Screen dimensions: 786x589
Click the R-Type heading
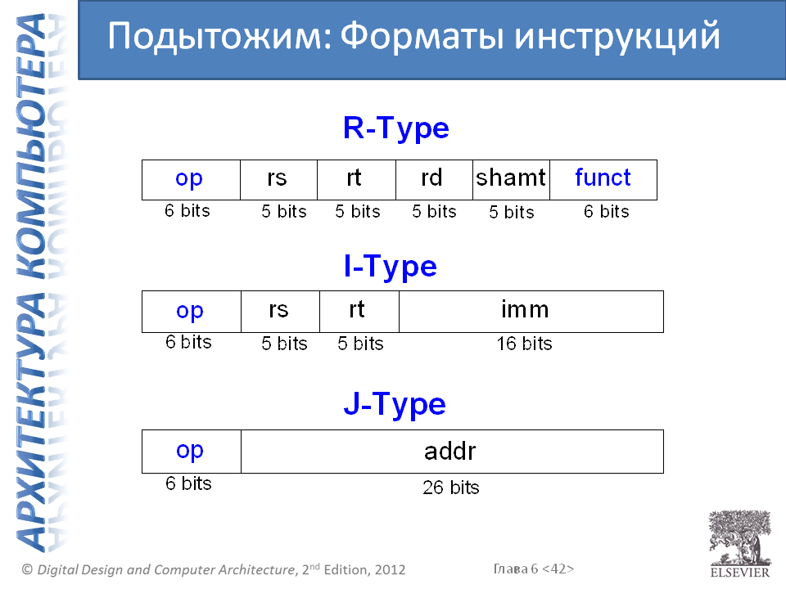(396, 128)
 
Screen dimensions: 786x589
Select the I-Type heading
(391, 266)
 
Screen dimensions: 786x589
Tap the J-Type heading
(395, 404)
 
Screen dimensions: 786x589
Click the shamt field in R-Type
(511, 180)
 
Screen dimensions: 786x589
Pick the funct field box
(603, 180)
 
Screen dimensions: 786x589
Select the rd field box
(434, 180)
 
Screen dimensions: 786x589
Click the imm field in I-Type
(531, 312)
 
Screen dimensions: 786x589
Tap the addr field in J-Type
(452, 452)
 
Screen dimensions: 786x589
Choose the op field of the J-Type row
(192, 452)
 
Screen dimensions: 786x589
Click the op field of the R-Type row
(191, 180)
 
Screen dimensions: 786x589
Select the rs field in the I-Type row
(280, 312)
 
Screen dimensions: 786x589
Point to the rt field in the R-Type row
(356, 180)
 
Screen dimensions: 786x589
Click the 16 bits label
(524, 344)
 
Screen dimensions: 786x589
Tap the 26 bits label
(450, 488)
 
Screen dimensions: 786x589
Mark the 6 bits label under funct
(606, 211)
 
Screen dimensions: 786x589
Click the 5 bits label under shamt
(511, 212)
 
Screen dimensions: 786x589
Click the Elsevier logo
(740, 544)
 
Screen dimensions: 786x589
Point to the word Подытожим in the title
(220, 36)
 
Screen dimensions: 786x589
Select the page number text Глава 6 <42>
(533, 569)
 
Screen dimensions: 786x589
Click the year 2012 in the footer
(390, 569)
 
